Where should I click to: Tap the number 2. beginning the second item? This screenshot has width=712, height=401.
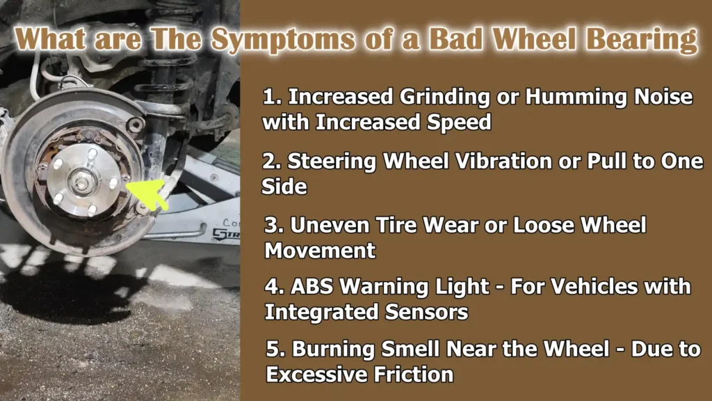[270, 162]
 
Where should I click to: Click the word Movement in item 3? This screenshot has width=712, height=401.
[321, 249]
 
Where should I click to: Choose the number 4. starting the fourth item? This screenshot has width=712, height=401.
[273, 287]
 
